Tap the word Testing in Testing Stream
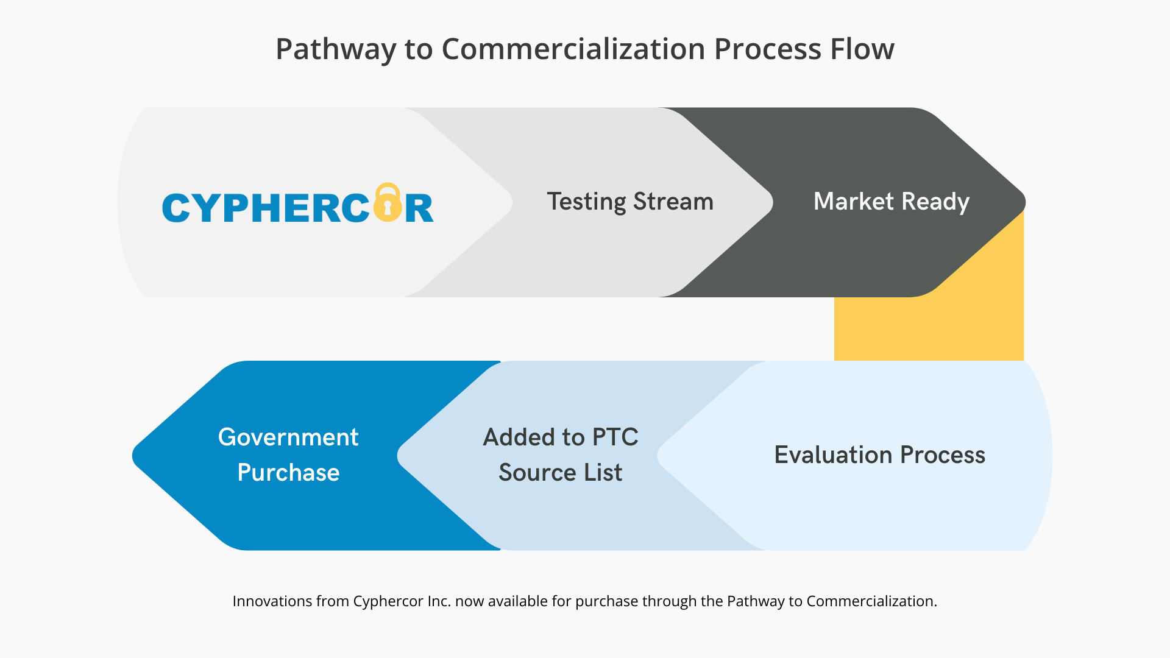586,202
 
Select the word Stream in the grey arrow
673,201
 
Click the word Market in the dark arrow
853,201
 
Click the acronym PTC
615,437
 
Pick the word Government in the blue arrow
288,437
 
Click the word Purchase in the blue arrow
288,472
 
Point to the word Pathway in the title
336,50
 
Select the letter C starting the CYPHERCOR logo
176,208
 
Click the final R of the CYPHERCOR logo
419,208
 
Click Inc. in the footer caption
439,601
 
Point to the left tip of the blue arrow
132,456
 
